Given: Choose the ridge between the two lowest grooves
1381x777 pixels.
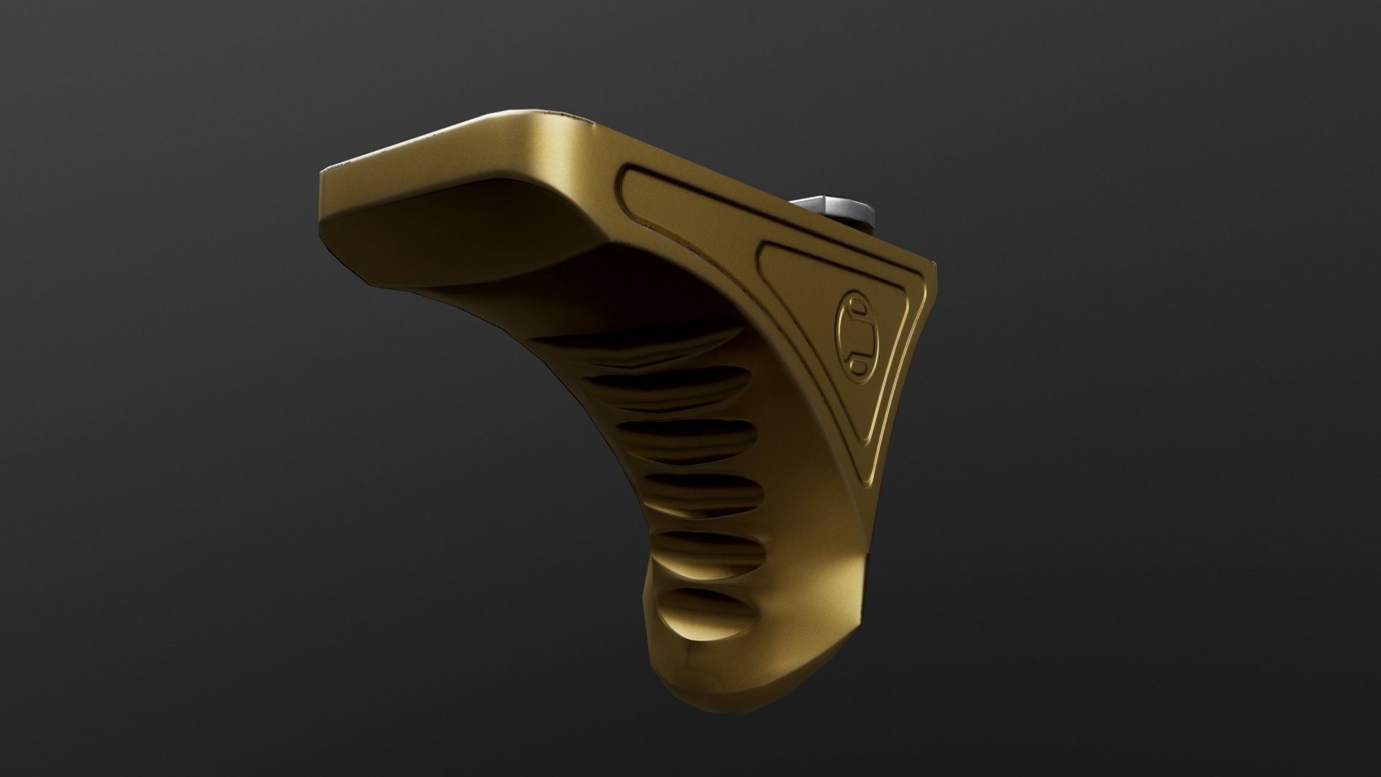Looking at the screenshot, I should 701,572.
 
